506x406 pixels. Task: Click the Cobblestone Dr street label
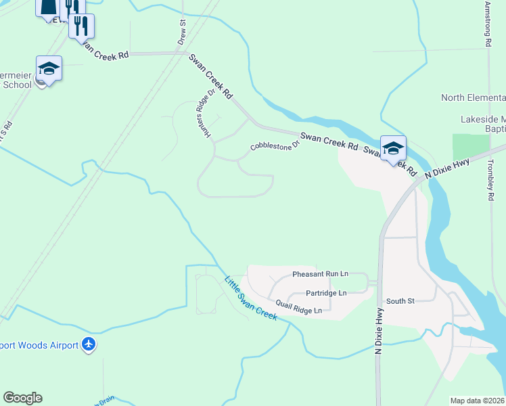274,146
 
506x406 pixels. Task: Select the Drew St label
182,32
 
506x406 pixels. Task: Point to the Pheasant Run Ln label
320,274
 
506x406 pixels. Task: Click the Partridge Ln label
325,293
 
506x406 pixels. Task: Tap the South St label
400,301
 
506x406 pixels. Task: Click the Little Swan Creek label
250,298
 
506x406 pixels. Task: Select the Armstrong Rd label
487,24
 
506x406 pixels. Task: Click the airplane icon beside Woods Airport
89,345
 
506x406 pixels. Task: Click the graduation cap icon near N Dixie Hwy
393,148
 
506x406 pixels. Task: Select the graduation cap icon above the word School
49,68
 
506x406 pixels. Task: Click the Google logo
22,398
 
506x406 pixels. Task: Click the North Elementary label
473,97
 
